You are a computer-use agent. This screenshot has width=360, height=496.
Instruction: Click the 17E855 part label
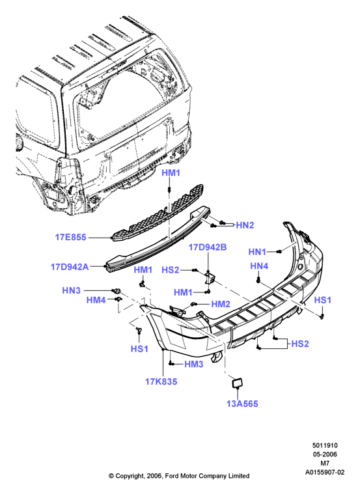(x=70, y=237)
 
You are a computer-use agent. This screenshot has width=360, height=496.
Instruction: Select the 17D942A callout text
(x=70, y=267)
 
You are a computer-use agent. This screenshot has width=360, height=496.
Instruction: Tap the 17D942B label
(x=208, y=247)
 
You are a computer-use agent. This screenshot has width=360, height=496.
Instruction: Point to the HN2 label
(x=245, y=225)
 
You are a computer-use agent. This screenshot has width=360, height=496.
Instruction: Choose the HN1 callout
(x=257, y=252)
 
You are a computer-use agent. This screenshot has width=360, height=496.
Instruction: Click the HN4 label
(x=259, y=266)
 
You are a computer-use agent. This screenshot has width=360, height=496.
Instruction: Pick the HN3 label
(x=71, y=290)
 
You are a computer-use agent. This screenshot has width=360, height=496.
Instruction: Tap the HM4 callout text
(x=96, y=300)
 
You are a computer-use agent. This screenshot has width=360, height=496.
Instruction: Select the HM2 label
(x=221, y=304)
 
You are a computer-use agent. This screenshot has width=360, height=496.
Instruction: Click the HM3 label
(x=193, y=364)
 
